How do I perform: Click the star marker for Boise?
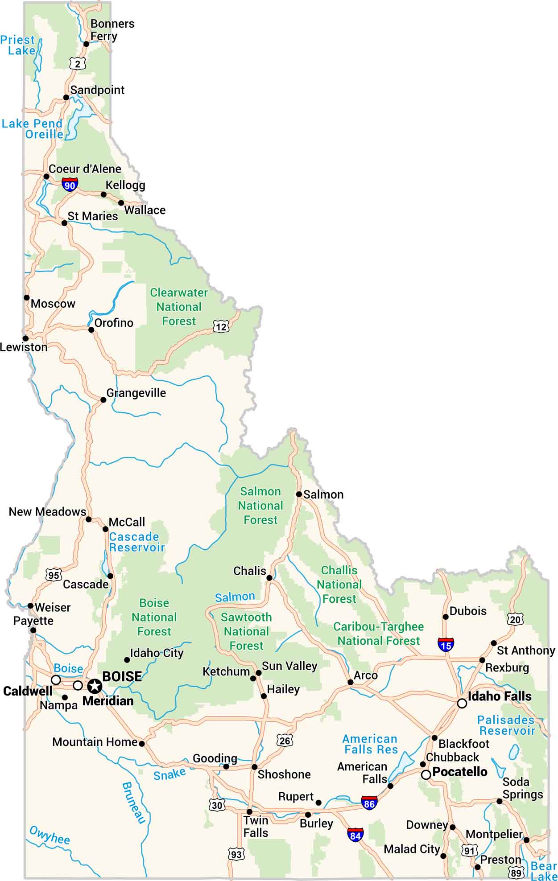[94, 686]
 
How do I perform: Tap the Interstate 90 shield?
[70, 184]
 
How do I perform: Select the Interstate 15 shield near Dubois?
[446, 644]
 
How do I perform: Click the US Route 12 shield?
[221, 326]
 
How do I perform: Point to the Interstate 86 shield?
[369, 803]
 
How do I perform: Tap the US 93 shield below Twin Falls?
[236, 853]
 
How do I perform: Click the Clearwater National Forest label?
[179, 307]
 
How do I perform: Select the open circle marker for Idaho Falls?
[462, 703]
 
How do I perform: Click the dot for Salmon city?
[299, 494]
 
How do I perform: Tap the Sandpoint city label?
[97, 90]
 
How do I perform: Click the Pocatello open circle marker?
[426, 774]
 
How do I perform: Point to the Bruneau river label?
[133, 802]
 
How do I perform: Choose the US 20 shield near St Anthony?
[515, 619]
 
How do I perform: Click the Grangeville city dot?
[103, 400]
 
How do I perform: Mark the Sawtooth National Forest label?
[246, 631]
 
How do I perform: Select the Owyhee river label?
[50, 835]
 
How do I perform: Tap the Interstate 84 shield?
[355, 835]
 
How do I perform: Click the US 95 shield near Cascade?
[54, 575]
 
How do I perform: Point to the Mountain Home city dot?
[141, 744]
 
